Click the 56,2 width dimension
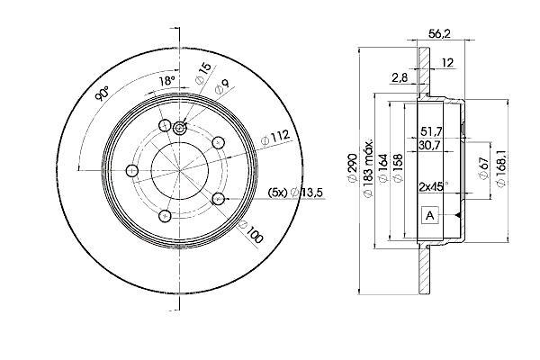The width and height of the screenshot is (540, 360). (x=439, y=34)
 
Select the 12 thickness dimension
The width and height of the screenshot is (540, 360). (x=447, y=63)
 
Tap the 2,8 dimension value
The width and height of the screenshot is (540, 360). (x=400, y=78)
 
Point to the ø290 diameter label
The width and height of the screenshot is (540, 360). (x=352, y=169)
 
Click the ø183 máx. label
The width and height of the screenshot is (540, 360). (x=368, y=169)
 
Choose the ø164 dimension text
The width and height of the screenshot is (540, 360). (x=383, y=169)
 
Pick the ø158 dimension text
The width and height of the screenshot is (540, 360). (x=398, y=169)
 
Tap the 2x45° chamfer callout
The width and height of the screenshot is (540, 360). (x=434, y=187)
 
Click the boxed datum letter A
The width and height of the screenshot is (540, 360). (x=430, y=216)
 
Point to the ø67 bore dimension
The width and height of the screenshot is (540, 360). (x=484, y=167)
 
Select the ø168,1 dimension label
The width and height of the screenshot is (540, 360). (x=501, y=169)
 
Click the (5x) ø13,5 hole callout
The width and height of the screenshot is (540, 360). (x=295, y=193)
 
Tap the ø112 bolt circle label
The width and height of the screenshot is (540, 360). (x=275, y=138)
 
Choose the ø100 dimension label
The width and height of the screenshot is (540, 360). (x=251, y=231)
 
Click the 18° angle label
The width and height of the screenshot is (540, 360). (x=166, y=81)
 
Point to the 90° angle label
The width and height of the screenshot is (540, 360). (x=103, y=94)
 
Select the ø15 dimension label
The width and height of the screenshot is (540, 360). (x=203, y=74)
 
